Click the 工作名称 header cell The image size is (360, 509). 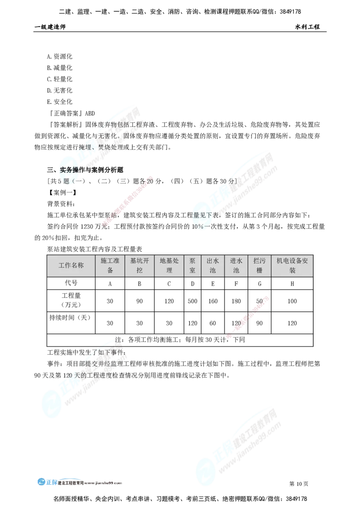tap(71, 265)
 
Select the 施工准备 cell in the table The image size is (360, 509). tap(110, 265)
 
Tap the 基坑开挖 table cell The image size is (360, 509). tap(139, 265)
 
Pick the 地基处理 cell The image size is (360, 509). tap(169, 265)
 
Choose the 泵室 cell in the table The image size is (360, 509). tap(193, 265)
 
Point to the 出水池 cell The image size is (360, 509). tap(212, 265)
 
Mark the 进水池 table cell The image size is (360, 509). tap(236, 265)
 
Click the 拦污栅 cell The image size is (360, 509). tap(259, 265)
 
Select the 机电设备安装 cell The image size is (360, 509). tap(292, 265)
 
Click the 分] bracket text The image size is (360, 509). tap(232, 182)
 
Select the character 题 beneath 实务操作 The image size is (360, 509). tap(67, 181)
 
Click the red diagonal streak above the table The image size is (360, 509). tap(128, 200)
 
